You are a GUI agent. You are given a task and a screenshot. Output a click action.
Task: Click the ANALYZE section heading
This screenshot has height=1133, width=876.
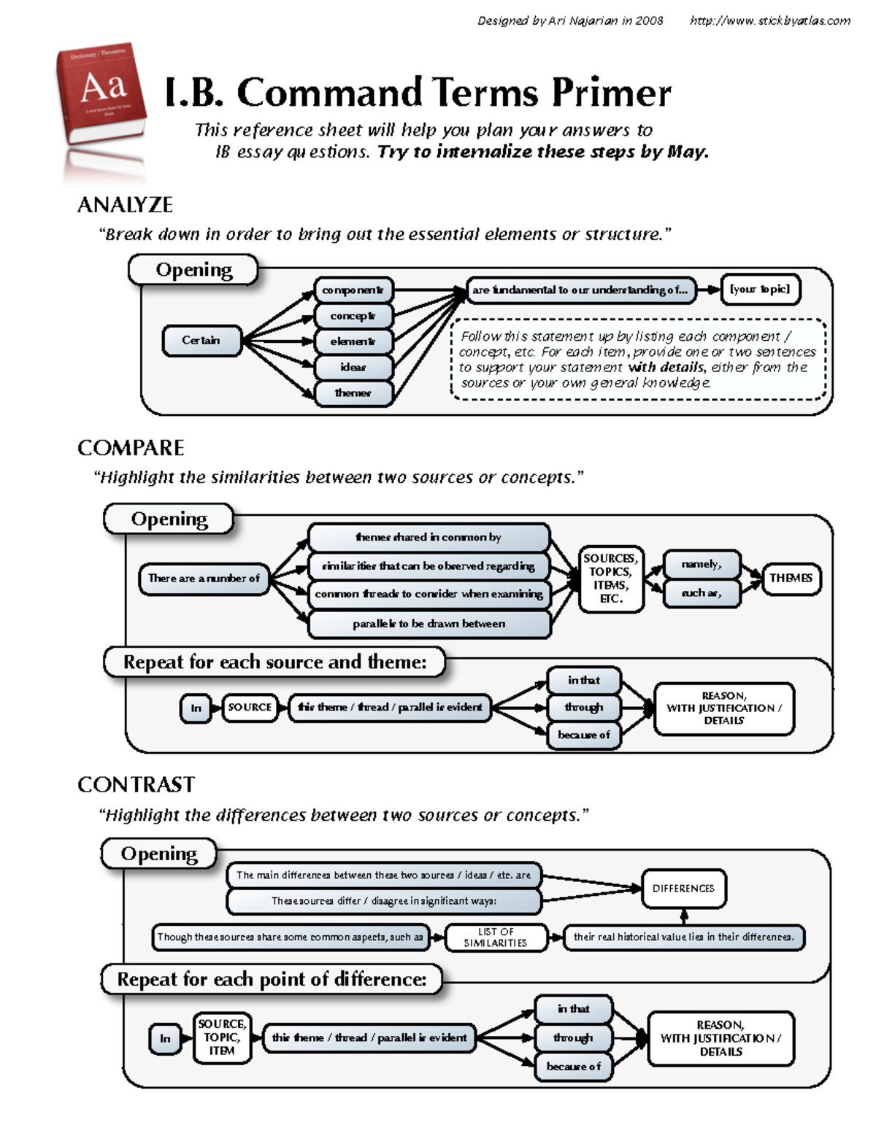[125, 205]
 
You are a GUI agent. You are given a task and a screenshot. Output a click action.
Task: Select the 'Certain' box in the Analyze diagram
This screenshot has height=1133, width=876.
[201, 341]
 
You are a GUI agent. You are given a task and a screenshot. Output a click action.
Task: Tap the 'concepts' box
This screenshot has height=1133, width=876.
[353, 316]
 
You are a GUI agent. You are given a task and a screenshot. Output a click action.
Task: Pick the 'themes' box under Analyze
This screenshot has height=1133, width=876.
[353, 393]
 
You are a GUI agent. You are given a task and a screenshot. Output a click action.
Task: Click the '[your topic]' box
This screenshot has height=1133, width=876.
[760, 289]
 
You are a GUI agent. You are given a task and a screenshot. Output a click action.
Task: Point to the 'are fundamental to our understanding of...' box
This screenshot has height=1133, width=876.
[580, 290]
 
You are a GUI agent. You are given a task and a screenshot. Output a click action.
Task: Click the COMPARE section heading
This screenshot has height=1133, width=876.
[131, 448]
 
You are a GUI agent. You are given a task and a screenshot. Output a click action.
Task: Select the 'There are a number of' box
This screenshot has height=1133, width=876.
[204, 579]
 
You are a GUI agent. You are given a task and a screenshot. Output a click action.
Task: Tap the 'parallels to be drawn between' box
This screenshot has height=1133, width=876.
[429, 624]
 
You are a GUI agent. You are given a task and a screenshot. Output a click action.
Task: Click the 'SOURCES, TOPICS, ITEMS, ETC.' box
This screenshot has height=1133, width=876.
[611, 579]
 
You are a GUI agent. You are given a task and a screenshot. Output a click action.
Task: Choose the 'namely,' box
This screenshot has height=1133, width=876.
[702, 565]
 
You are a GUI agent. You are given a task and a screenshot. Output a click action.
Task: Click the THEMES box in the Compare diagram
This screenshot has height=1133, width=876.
[791, 579]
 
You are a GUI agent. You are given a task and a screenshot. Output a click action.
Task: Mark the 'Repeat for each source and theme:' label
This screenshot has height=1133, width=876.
[274, 662]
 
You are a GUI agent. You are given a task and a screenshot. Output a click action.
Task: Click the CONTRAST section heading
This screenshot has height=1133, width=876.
[136, 785]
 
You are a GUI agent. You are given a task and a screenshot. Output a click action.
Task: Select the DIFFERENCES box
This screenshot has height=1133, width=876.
[683, 889]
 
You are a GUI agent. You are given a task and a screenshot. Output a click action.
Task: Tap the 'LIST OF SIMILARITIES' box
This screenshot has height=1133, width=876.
[496, 937]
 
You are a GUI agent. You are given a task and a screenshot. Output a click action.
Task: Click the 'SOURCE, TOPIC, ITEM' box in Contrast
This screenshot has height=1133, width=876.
[222, 1037]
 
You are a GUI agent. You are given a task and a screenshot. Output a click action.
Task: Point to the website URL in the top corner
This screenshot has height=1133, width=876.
[770, 20]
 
